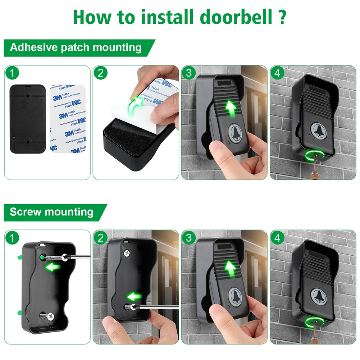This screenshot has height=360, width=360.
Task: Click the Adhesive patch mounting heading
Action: [76, 47]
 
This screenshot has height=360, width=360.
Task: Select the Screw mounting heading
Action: [51, 211]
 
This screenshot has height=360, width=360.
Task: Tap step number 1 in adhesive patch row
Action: [12, 73]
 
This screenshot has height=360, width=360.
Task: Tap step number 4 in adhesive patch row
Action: [277, 73]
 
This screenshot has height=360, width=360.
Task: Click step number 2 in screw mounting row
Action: [100, 238]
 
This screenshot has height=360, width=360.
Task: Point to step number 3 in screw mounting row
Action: [189, 238]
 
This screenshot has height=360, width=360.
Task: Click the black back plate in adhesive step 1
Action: [28, 119]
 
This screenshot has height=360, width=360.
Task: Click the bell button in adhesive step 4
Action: [319, 130]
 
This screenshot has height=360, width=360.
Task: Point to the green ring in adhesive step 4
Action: [314, 156]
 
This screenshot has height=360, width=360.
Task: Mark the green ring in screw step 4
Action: [314, 321]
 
